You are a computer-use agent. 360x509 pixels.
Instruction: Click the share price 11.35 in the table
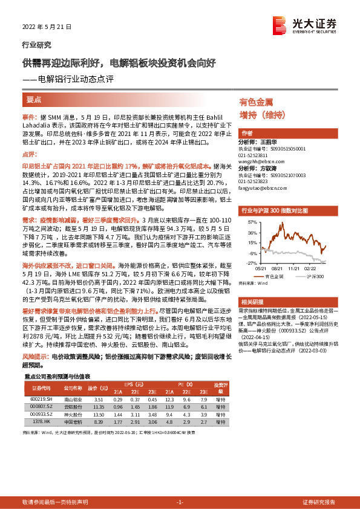(100, 407)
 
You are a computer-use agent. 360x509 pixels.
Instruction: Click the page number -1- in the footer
(180, 502)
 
